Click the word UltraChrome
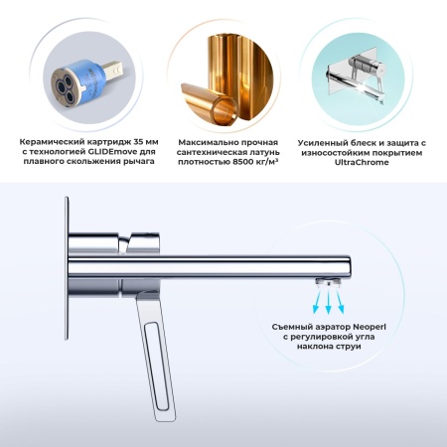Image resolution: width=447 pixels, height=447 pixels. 362,163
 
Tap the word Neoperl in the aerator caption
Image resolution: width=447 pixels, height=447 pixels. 370,327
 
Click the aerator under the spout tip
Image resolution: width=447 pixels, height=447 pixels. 328,283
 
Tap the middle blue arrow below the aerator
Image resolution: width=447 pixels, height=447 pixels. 328,302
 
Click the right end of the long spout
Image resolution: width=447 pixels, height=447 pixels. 350,267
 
